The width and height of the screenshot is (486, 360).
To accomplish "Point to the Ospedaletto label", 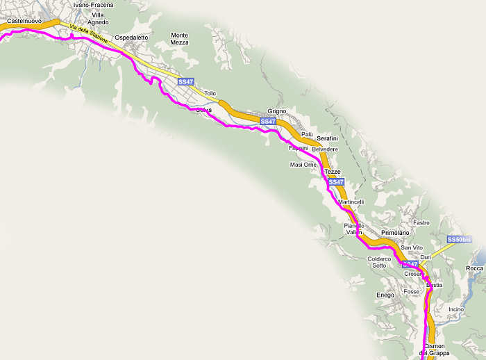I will point(131,37).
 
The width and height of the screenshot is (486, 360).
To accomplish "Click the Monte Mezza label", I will point(180,39).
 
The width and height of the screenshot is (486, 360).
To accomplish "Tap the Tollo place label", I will point(210,93).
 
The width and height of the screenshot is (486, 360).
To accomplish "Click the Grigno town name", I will point(277,112).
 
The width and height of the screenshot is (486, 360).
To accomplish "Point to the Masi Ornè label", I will point(303,165).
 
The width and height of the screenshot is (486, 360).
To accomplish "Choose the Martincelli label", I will point(351,202).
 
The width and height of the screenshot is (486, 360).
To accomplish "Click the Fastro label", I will point(421,223).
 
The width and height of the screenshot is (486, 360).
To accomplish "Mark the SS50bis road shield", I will point(459,240).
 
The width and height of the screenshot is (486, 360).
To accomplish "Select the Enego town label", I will point(385,295).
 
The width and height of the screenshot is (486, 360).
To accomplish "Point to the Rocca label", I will point(475,268).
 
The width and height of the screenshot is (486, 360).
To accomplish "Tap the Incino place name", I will point(456,309).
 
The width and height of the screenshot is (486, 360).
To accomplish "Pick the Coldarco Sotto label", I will point(378,262).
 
